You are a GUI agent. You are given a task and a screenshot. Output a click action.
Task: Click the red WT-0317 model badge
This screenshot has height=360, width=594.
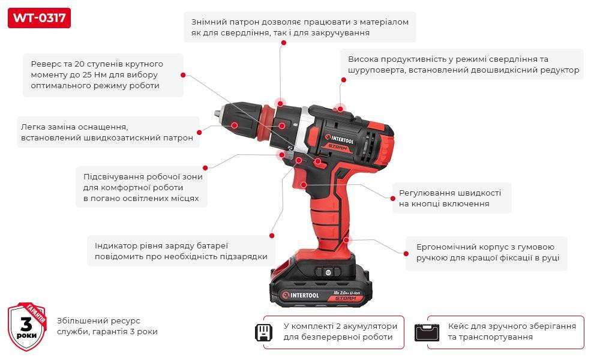pyautogui.click(x=39, y=18)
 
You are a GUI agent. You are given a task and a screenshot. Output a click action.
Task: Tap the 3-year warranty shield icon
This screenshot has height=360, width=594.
pyautogui.click(x=27, y=326)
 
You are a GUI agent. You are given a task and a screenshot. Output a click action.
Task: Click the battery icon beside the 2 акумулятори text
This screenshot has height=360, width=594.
pyautogui.click(x=263, y=332)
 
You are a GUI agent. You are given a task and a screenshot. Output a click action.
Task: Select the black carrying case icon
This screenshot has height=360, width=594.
pyautogui.click(x=427, y=332)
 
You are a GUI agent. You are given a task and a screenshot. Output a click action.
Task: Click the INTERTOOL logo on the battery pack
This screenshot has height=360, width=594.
pyautogui.click(x=301, y=295)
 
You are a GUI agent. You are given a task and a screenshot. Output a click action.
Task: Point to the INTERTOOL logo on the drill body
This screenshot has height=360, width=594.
pyautogui.click(x=340, y=139)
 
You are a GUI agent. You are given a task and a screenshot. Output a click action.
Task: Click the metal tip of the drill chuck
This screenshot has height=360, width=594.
pyautogui.click(x=217, y=113)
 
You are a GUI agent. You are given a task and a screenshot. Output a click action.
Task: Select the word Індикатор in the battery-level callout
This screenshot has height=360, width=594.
pyautogui.click(x=110, y=245)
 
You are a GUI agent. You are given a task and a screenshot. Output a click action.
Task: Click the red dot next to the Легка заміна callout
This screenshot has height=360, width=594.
pyautogui.click(x=199, y=132)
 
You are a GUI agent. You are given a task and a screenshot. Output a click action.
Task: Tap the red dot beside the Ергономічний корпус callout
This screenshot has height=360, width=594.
pyautogui.click(x=406, y=254)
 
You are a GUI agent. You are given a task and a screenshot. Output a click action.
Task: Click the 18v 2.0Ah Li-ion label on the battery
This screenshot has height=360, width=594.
pyautogui.click(x=347, y=293)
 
